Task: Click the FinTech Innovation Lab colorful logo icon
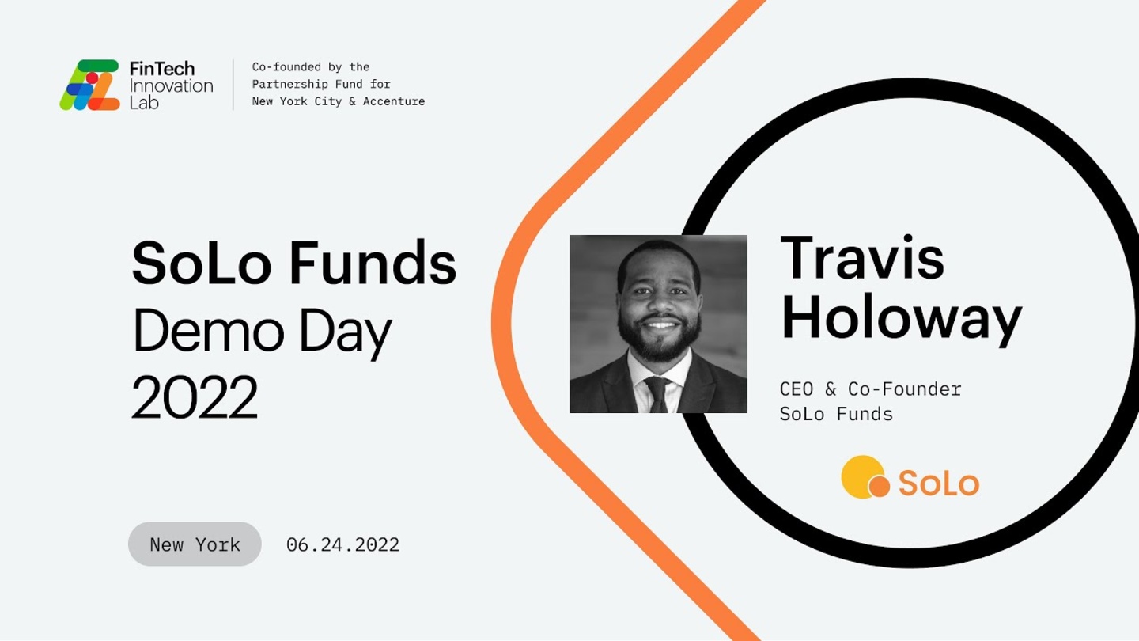89,85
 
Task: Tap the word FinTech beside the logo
161,68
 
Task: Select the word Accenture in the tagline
394,101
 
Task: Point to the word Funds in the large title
373,263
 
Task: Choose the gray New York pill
195,544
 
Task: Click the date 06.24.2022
342,544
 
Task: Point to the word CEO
797,389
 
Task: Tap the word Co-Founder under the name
905,389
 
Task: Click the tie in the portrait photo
658,394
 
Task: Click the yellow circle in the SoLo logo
862,476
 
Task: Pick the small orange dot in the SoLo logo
879,485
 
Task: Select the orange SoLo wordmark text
939,483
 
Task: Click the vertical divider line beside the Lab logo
233,85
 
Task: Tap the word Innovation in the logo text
172,85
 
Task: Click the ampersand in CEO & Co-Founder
831,389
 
